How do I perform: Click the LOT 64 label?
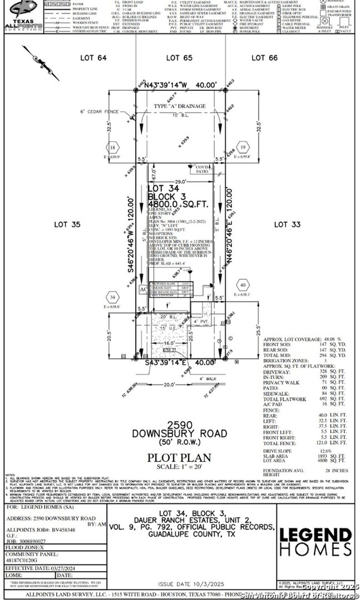point(93,58)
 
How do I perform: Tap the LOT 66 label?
point(264,58)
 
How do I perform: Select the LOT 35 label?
point(67,225)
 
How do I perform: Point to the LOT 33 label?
point(287,225)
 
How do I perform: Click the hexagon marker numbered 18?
point(112,148)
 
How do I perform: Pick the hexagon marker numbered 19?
point(243,147)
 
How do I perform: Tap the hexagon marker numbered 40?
point(243,285)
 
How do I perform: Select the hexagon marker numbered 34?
point(112,297)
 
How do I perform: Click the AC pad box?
point(143,290)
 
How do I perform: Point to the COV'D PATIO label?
point(202,169)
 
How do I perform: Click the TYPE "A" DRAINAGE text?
point(180,106)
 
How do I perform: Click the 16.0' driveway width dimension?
point(169,343)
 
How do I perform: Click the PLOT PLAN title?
point(179,458)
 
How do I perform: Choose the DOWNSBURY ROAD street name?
point(179,434)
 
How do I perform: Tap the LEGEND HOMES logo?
point(315,542)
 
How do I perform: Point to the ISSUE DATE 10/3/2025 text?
point(191,584)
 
